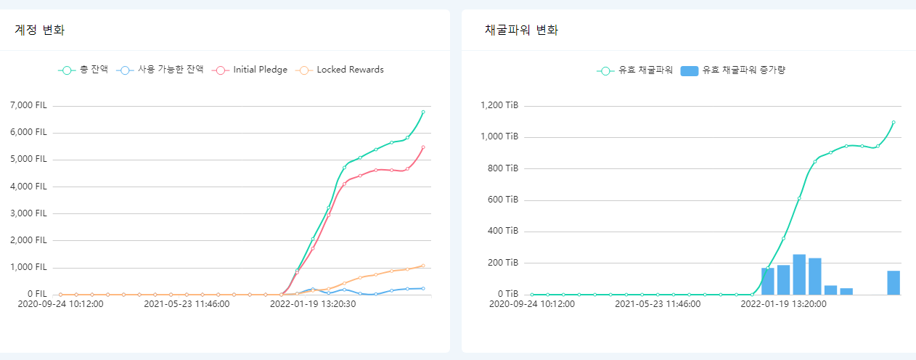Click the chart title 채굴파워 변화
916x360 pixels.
pos(521,30)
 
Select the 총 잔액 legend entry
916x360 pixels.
pos(83,70)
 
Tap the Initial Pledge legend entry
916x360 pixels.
pos(250,70)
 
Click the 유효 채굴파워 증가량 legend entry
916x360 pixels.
pos(735,70)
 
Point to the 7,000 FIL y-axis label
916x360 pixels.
pos(29,105)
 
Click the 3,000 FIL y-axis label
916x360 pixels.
pos(29,213)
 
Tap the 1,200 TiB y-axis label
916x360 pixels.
pos(499,105)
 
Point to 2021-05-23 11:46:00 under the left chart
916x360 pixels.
pos(187,303)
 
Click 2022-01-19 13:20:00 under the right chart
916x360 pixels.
pos(783,303)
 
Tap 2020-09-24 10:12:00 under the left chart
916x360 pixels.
pos(60,303)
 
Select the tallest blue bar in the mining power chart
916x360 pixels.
pos(799,274)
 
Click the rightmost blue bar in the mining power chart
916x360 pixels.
pos(893,282)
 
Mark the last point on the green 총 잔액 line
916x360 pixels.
pos(423,112)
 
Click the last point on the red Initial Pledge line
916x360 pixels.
pos(423,147)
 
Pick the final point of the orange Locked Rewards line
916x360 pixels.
pos(423,266)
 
